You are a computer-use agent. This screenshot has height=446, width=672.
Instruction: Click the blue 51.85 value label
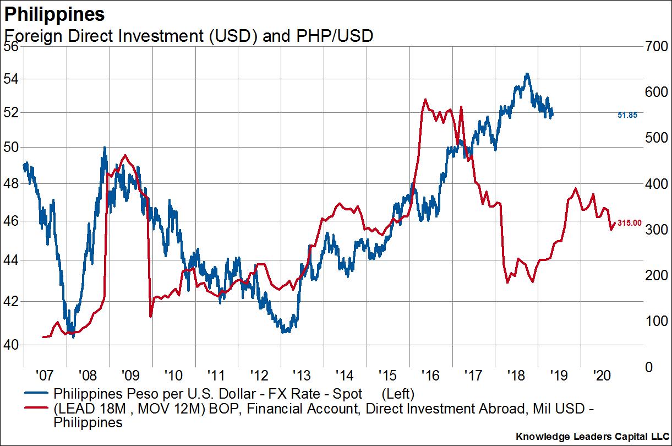point(627,115)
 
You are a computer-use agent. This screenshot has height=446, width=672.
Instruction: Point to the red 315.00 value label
point(630,222)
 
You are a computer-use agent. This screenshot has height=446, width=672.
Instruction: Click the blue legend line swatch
point(36,395)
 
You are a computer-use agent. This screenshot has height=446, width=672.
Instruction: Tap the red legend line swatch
point(36,409)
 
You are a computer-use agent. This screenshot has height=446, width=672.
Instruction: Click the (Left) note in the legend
point(397,394)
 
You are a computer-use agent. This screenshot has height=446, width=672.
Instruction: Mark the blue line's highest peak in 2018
point(527,74)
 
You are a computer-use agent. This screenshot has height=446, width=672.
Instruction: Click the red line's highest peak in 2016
point(425,100)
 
